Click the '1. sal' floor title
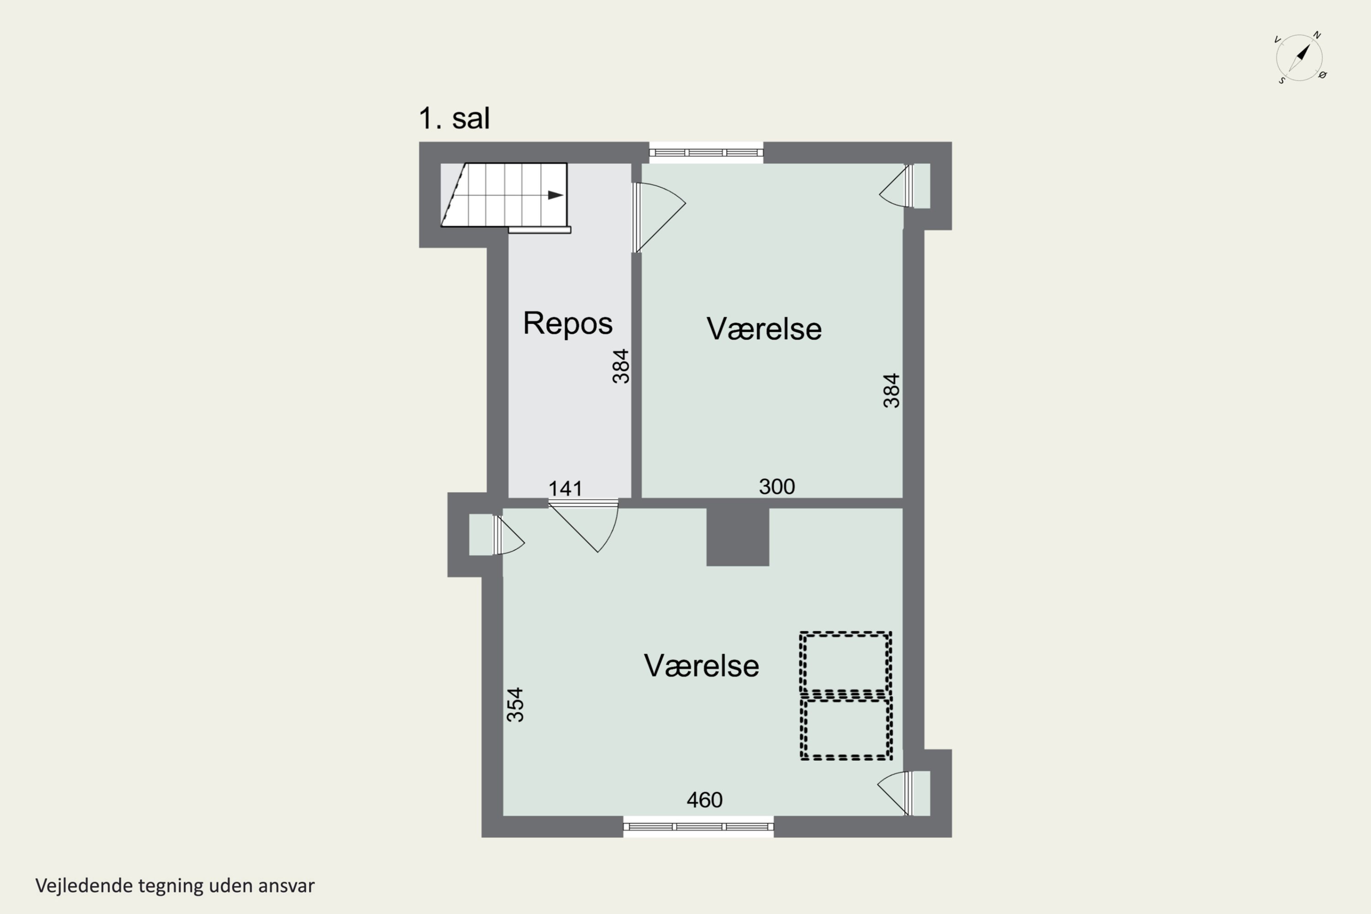[x=454, y=118]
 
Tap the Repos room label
[x=567, y=323]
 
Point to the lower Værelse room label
[x=701, y=666]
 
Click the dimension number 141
[x=565, y=489]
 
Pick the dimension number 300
[x=776, y=486]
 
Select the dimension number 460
[x=704, y=800]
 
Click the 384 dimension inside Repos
[x=621, y=366]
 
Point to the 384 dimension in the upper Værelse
[x=891, y=391]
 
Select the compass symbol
[x=1299, y=58]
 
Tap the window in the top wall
[x=706, y=153]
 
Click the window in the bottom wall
[x=698, y=827]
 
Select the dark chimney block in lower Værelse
[x=738, y=536]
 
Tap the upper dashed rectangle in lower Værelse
[x=845, y=664]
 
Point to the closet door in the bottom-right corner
[x=895, y=793]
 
